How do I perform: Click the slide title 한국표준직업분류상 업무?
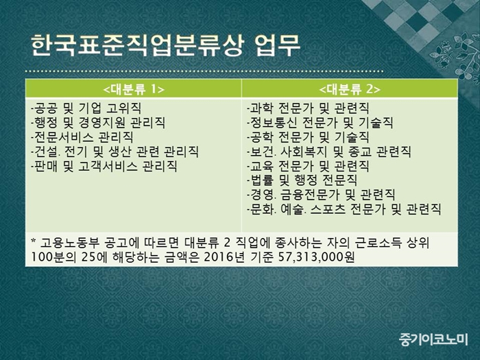(x=165, y=46)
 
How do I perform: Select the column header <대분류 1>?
(x=134, y=89)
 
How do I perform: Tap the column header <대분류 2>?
(x=350, y=89)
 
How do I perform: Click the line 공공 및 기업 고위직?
(x=86, y=108)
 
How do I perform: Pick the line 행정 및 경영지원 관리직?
(x=98, y=123)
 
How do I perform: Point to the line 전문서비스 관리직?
(x=82, y=137)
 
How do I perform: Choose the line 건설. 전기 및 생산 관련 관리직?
(x=115, y=152)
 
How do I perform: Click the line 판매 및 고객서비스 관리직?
(x=104, y=166)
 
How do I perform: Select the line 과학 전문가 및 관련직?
(x=308, y=108)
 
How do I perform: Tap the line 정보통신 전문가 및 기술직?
(x=320, y=123)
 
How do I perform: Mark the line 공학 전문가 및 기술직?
(x=308, y=137)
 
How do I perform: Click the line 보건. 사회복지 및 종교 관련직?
(x=328, y=152)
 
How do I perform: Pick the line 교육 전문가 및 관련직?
(x=308, y=166)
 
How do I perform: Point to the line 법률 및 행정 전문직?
(x=302, y=180)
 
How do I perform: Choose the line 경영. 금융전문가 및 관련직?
(x=321, y=195)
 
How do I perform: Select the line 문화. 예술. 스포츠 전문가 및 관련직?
(x=344, y=210)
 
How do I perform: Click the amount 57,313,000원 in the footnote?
(x=317, y=257)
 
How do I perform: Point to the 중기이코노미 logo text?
(x=433, y=339)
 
